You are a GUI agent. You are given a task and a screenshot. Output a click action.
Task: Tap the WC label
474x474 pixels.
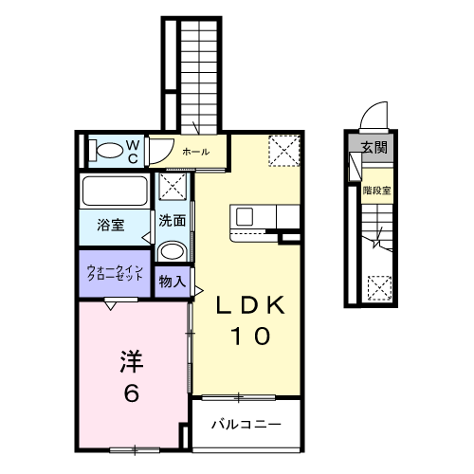click(133, 149)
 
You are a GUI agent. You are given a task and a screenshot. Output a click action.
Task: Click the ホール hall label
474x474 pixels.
click(195, 151)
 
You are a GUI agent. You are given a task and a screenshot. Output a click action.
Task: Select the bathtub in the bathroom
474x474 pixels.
click(114, 192)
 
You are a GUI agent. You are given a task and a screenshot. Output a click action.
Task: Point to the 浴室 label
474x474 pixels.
click(111, 226)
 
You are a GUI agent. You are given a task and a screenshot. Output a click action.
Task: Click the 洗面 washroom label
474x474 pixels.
click(172, 221)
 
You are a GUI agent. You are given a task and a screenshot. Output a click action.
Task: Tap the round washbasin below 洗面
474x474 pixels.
click(172, 251)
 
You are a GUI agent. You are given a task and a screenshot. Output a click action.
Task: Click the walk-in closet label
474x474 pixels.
click(116, 274)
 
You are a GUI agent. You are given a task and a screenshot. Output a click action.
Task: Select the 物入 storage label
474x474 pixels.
click(172, 282)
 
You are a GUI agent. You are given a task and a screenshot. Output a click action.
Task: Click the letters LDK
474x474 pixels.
click(249, 305)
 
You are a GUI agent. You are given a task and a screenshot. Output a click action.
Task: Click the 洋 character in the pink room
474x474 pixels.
click(131, 361)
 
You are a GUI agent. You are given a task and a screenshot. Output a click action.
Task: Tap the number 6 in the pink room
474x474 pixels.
click(131, 392)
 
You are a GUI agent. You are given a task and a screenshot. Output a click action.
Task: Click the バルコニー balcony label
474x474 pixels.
click(245, 424)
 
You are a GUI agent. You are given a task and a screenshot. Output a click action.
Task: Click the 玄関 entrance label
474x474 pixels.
click(374, 147)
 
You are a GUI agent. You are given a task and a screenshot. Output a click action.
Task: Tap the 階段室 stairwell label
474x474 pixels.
click(376, 190)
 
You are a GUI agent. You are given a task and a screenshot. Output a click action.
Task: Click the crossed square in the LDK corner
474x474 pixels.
click(282, 150)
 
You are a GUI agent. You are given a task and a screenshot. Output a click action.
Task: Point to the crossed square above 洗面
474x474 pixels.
click(172, 186)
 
